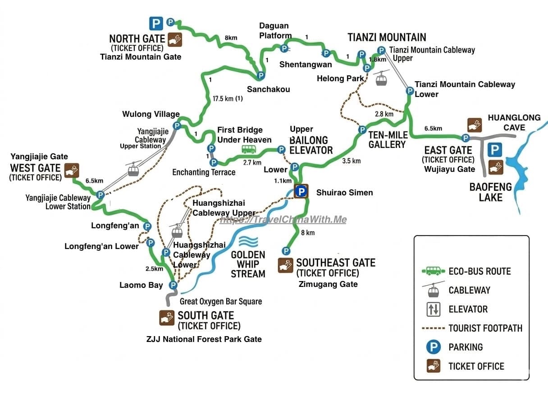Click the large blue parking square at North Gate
(x=156, y=23)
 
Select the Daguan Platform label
(x=274, y=31)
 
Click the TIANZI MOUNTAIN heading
(x=387, y=37)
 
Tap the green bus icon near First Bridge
(x=249, y=149)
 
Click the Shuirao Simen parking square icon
(x=301, y=191)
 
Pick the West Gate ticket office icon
(x=72, y=170)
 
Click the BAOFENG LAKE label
(x=491, y=192)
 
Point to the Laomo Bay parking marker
(x=173, y=285)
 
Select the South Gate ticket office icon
(x=167, y=318)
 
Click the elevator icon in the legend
(x=434, y=309)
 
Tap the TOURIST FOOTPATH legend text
(x=485, y=328)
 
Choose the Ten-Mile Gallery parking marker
(x=362, y=130)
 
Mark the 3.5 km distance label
(x=352, y=161)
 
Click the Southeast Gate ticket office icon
(x=285, y=265)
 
